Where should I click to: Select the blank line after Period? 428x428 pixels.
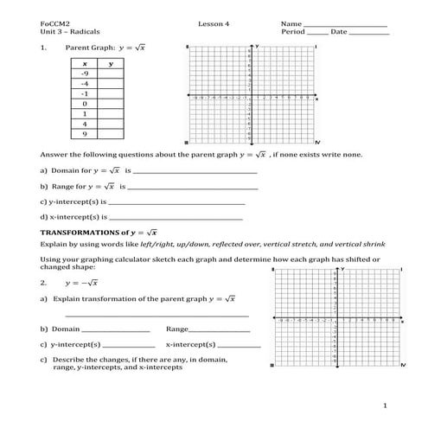click(x=311, y=34)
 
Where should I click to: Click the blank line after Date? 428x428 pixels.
click(x=369, y=34)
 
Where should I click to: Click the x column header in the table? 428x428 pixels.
click(x=84, y=64)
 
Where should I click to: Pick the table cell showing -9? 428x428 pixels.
click(x=84, y=74)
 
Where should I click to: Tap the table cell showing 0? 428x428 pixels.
click(x=84, y=103)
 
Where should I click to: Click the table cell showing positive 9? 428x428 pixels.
click(x=84, y=134)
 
